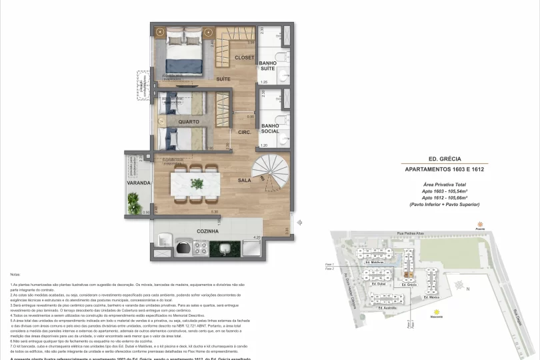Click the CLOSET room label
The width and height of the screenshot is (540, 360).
click(245, 58)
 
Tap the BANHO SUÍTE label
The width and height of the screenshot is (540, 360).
click(268, 65)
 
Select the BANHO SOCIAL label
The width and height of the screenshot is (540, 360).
click(269, 127)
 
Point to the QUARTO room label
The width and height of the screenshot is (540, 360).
click(189, 122)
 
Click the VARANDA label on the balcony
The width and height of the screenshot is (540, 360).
click(139, 182)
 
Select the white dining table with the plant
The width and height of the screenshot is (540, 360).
click(195, 182)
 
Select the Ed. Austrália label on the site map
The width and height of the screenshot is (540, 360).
click(388, 308)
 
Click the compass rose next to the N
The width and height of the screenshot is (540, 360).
click(461, 285)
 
